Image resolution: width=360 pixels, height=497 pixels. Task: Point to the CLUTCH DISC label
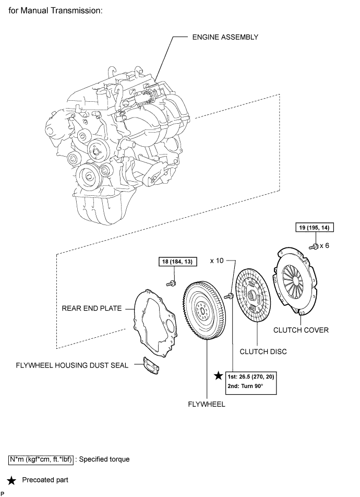point(263,351)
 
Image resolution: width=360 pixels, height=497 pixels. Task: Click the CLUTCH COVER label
point(301,329)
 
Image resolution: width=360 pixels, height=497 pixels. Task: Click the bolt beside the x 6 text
point(313,245)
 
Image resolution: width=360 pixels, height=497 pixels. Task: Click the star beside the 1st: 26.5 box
point(218,376)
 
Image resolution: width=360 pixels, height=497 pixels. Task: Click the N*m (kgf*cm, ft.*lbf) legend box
point(41,459)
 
